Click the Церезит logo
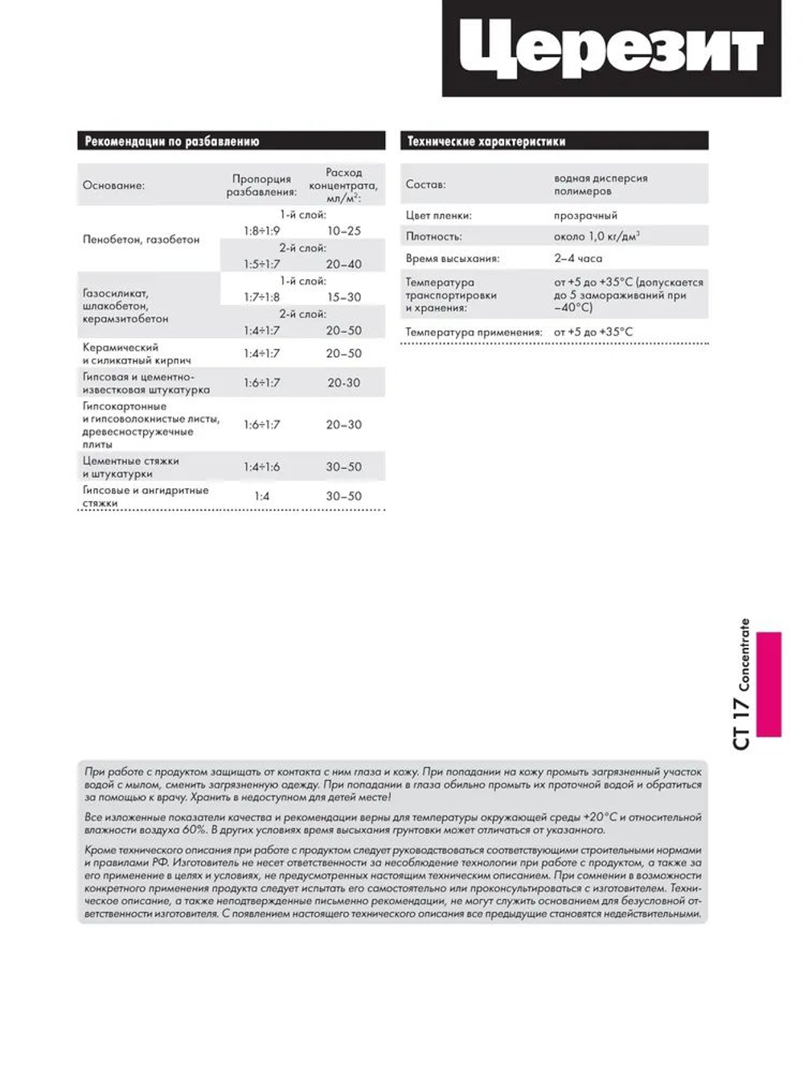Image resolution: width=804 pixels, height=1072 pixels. tap(611, 48)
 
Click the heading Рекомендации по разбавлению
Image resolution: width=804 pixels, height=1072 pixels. tap(172, 142)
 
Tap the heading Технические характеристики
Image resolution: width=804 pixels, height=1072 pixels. tap(486, 142)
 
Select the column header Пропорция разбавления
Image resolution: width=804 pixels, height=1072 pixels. tap(261, 186)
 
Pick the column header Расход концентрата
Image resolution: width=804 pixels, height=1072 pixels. tap(343, 185)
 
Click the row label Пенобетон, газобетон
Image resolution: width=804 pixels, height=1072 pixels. tap(141, 240)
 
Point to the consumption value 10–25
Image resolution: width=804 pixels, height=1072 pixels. tap(343, 231)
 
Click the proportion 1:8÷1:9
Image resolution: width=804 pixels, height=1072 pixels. tap(261, 231)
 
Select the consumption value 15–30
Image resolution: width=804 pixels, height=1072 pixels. tap(343, 298)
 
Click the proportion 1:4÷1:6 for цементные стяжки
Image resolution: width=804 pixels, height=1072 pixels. tap(261, 467)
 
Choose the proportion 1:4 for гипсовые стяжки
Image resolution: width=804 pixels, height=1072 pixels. tap(261, 496)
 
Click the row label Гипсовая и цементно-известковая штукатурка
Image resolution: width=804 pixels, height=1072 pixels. tap(146, 383)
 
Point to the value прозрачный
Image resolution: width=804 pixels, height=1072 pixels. tap(585, 216)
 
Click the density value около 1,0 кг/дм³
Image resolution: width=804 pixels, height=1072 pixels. tap(597, 236)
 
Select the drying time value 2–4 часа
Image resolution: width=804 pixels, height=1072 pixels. tap(577, 259)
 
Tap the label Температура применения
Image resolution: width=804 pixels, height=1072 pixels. tap(474, 332)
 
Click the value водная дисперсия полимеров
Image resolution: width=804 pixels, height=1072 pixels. tap(600, 185)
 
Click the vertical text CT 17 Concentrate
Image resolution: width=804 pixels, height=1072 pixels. tap(741, 684)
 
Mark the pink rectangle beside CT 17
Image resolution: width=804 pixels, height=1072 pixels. tap(769, 684)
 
